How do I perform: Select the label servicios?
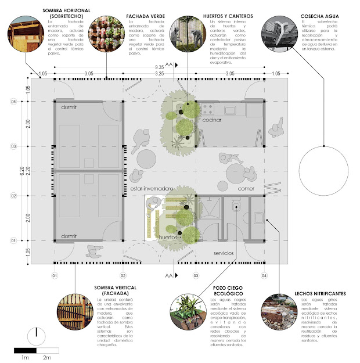(224, 254)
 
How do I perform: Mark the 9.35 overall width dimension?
(159, 67)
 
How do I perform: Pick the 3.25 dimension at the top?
(159, 74)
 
